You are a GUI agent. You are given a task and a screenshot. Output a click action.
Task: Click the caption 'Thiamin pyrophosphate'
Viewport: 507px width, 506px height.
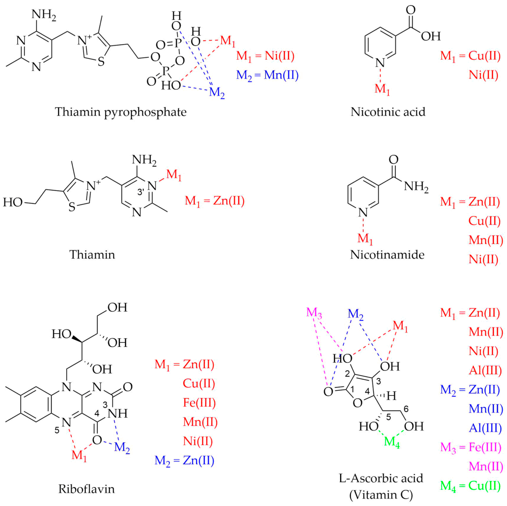coord(121,112)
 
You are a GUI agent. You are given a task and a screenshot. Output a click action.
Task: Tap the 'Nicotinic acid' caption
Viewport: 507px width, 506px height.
coord(388,112)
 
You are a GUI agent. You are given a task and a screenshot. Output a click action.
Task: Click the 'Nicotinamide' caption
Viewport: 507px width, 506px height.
coord(387,255)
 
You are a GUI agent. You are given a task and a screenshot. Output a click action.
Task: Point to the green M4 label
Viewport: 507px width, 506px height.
coord(392,442)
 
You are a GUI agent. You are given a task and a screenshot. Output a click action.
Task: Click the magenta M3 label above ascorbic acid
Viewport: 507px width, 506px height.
coord(314,313)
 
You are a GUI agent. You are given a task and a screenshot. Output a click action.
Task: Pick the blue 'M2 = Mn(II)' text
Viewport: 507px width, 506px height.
coord(267,76)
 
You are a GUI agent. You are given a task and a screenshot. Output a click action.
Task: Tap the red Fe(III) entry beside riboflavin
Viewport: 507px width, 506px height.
coord(199,403)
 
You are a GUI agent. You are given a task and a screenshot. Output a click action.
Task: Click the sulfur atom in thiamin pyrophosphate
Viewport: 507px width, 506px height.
coord(101,62)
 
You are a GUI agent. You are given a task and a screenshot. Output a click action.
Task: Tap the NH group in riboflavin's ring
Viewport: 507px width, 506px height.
coord(118,414)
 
